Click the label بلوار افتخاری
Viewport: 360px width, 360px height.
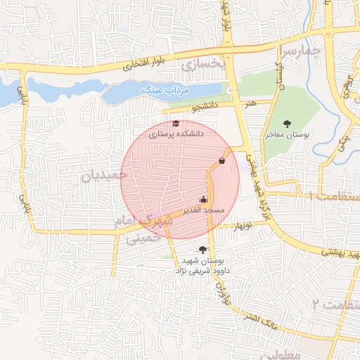point(146,64)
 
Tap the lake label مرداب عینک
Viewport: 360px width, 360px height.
point(162,89)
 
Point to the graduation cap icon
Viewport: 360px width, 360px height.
point(175,123)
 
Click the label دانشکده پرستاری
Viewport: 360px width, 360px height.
point(176,132)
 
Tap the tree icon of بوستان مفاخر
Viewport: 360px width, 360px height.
point(287,124)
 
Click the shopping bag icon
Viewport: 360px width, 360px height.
point(222,161)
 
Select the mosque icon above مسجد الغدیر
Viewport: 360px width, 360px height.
point(204,200)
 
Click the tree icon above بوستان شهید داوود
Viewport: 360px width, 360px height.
point(202,249)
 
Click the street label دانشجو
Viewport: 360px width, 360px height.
point(203,107)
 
